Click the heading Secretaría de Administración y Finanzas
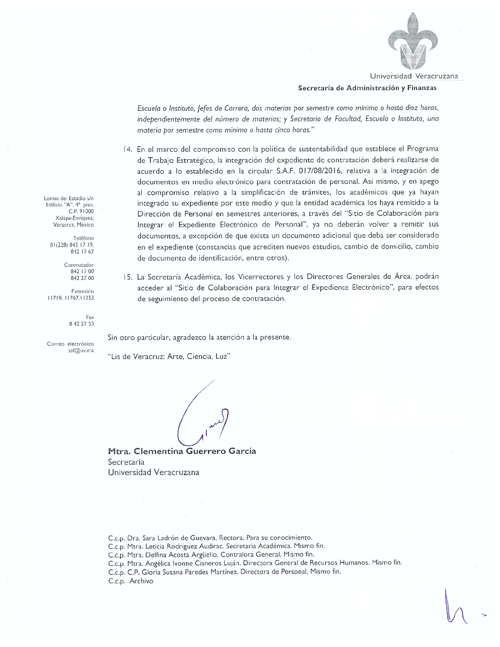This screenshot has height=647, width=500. (367, 88)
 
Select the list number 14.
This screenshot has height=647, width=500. (127, 149)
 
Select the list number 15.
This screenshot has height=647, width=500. (127, 277)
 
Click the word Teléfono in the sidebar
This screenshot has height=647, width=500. (83, 238)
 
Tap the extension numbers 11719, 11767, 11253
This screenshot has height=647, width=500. (70, 298)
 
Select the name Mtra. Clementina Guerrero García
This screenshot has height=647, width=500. (182, 451)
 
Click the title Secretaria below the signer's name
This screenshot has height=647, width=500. (126, 462)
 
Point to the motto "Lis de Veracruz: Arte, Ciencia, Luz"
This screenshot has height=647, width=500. (170, 356)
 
